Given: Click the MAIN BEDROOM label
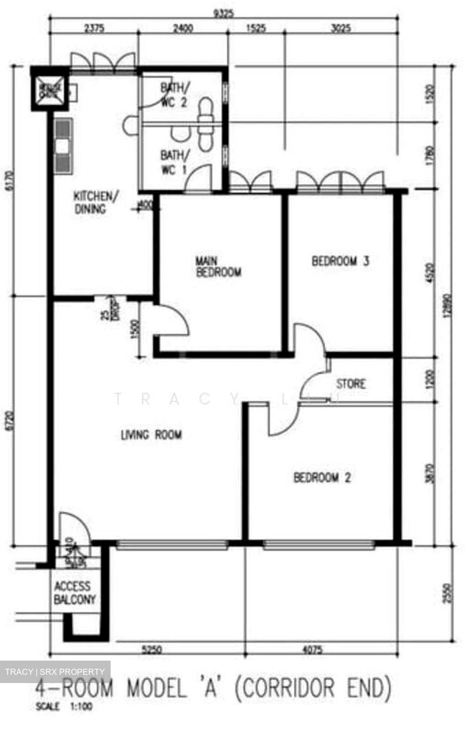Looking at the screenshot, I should (218, 267).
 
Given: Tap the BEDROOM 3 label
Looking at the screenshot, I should (340, 261).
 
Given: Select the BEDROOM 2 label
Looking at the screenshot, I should (322, 478).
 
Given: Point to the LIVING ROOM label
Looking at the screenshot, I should (151, 435).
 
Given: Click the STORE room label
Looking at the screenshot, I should (351, 383).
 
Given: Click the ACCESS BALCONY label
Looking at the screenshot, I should (74, 593).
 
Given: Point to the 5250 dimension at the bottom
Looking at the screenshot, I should (151, 650).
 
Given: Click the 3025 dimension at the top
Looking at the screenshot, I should (340, 29).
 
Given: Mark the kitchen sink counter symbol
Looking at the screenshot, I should (63, 146).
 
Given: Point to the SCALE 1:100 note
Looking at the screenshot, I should (64, 706).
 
